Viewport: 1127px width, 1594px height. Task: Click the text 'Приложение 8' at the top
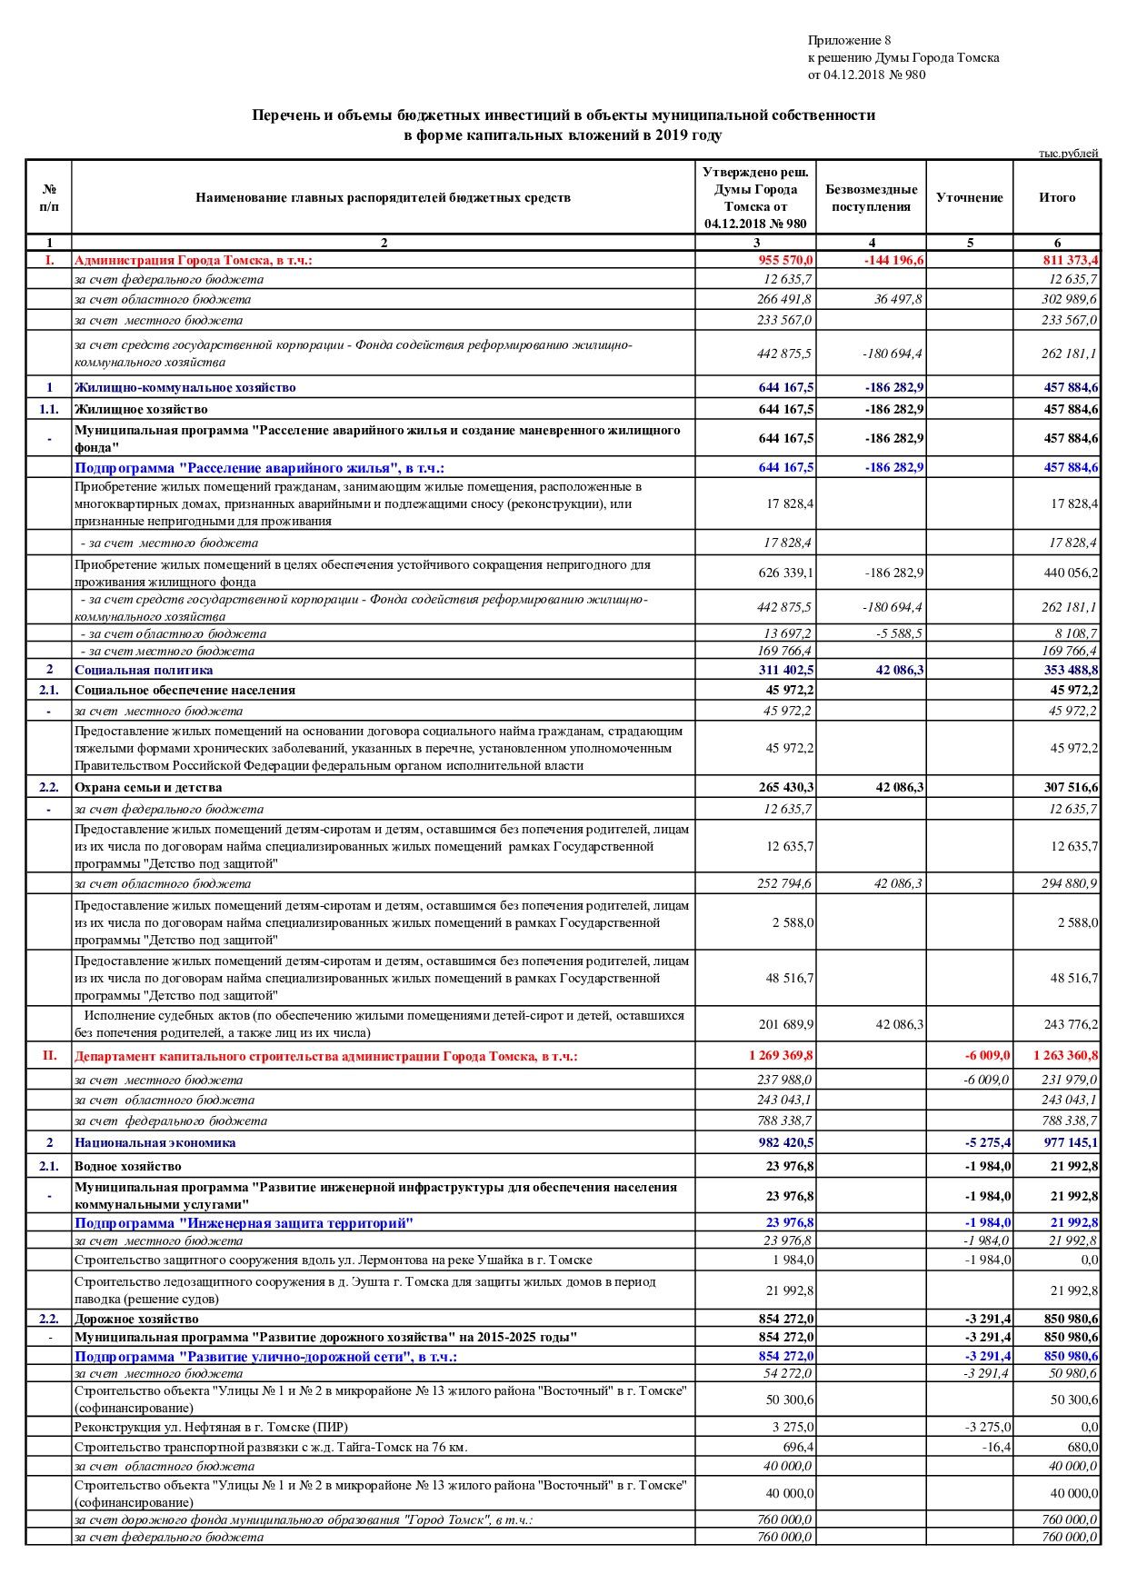coord(849,40)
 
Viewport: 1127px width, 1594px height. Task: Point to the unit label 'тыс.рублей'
coord(1068,153)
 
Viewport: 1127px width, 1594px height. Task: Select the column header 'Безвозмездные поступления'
coord(871,198)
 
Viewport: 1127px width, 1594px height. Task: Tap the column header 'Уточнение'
coord(969,198)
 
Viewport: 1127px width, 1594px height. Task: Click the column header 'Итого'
coord(1056,197)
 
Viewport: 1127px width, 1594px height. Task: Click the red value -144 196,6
coord(893,261)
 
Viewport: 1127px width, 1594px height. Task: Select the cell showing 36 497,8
coord(898,299)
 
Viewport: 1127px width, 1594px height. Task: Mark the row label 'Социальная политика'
coord(144,670)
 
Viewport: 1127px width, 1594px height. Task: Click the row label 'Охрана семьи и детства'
coord(148,787)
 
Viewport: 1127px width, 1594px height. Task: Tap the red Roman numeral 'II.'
coord(49,1055)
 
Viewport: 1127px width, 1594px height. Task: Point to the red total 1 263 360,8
coord(1065,1055)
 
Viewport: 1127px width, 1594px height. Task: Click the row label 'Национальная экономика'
coord(155,1142)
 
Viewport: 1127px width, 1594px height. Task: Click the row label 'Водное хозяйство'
coord(127,1166)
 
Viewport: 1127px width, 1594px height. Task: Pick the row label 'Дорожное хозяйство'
coord(136,1319)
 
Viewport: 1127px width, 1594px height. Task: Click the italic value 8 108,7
coord(1075,633)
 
